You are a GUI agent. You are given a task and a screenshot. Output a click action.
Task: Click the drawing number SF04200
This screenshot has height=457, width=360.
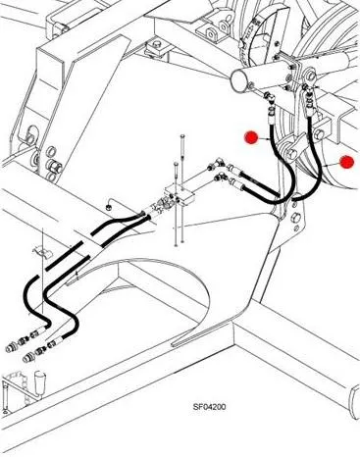pos(209,407)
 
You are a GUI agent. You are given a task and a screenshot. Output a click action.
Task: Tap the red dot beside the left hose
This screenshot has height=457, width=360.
pos(252,137)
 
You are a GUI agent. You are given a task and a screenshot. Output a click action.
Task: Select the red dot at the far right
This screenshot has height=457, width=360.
pos(346,162)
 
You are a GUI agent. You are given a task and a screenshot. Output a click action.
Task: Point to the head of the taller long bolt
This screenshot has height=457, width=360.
pos(182,136)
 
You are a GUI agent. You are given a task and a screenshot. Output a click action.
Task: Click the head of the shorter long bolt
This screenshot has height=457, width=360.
pos(176,164)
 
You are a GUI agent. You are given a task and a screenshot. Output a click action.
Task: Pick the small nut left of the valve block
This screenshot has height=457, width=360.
pos(108,207)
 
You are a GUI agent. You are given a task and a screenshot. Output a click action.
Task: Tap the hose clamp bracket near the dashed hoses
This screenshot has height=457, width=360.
pos(41,251)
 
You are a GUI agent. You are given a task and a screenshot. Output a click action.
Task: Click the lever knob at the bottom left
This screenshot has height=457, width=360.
pos(39,380)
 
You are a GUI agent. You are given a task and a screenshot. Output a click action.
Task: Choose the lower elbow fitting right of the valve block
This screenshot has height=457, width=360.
pos(221,177)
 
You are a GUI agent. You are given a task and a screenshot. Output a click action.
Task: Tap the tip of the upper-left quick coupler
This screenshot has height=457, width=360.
pos(10,348)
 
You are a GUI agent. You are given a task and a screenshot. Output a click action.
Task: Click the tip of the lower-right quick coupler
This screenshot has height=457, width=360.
pos(27,359)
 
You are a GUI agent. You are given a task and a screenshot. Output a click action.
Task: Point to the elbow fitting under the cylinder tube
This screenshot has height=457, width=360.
pos(270,97)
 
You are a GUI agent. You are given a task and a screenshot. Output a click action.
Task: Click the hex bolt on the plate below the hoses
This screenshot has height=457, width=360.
pos(295,218)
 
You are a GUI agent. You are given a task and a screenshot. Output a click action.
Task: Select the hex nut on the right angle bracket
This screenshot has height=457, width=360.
pos(319,134)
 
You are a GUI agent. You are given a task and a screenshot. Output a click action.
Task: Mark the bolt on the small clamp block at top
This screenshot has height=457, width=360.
pos(157,44)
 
